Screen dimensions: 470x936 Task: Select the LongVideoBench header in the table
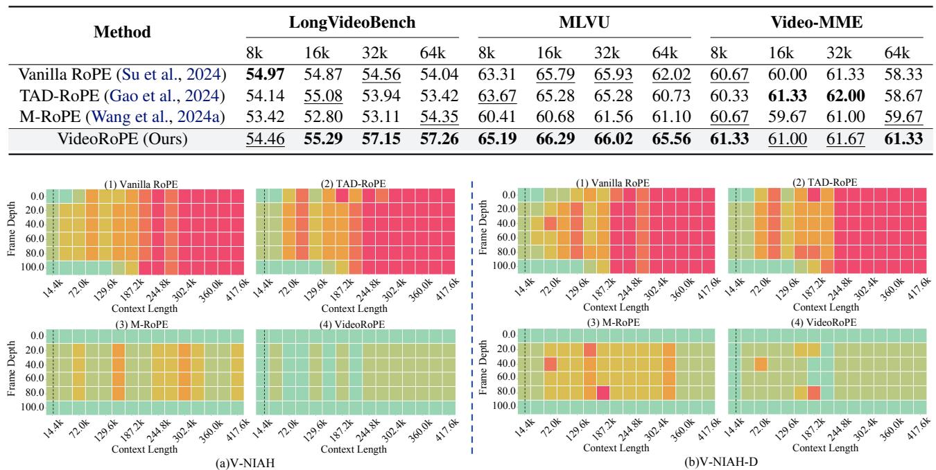coord(352,22)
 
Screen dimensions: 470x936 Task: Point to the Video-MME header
coord(816,22)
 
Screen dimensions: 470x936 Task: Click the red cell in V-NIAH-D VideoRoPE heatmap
coord(814,393)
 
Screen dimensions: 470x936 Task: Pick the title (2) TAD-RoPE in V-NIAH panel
coord(355,182)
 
